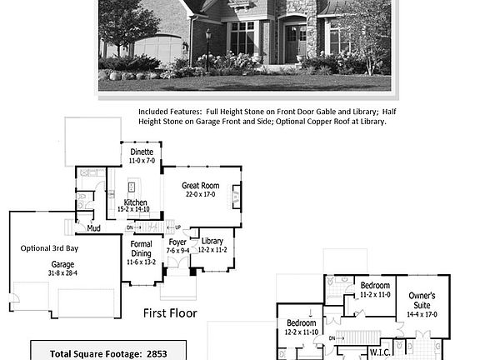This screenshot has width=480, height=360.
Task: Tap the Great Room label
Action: click(x=200, y=185)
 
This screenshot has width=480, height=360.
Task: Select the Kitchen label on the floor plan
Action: click(x=136, y=202)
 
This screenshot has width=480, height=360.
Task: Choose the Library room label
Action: click(x=212, y=241)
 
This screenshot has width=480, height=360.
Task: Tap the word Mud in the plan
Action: click(x=94, y=227)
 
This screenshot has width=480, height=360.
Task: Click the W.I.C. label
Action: click(x=381, y=352)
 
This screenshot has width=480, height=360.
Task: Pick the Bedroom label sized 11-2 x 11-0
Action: click(x=374, y=286)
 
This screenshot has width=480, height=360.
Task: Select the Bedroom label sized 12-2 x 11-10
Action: click(x=301, y=322)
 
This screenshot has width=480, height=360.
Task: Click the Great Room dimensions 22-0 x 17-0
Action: click(x=200, y=194)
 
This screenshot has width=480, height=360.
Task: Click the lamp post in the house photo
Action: click(x=207, y=46)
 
